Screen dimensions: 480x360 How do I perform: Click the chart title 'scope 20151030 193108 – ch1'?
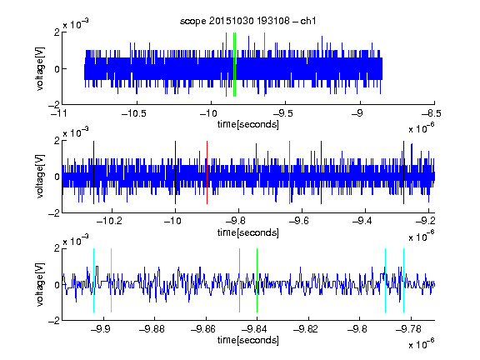(247, 21)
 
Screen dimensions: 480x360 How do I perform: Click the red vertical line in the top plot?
(226, 65)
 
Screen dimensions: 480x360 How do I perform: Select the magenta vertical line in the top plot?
(264, 65)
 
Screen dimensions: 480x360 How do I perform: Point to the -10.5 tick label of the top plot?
(134, 114)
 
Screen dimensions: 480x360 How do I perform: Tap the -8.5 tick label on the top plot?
(432, 114)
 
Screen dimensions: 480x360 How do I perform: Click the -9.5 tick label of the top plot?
(282, 114)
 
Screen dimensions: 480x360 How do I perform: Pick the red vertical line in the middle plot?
(207, 172)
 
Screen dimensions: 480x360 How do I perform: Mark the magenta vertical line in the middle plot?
(290, 172)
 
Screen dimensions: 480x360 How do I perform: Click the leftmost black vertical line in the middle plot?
(93, 172)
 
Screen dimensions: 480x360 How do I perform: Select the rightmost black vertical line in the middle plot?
(403, 172)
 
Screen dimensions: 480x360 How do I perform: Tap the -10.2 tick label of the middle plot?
(109, 221)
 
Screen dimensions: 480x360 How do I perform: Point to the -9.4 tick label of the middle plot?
(362, 221)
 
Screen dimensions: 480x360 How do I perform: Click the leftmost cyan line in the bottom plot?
(93, 280)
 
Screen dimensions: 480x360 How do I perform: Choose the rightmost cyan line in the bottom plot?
(403, 280)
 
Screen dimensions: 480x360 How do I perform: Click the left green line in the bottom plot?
(239, 280)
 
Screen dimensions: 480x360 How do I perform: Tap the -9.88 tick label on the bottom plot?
(152, 329)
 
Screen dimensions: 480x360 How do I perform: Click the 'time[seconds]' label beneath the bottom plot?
(248, 340)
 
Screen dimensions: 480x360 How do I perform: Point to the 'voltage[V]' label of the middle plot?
(40, 177)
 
